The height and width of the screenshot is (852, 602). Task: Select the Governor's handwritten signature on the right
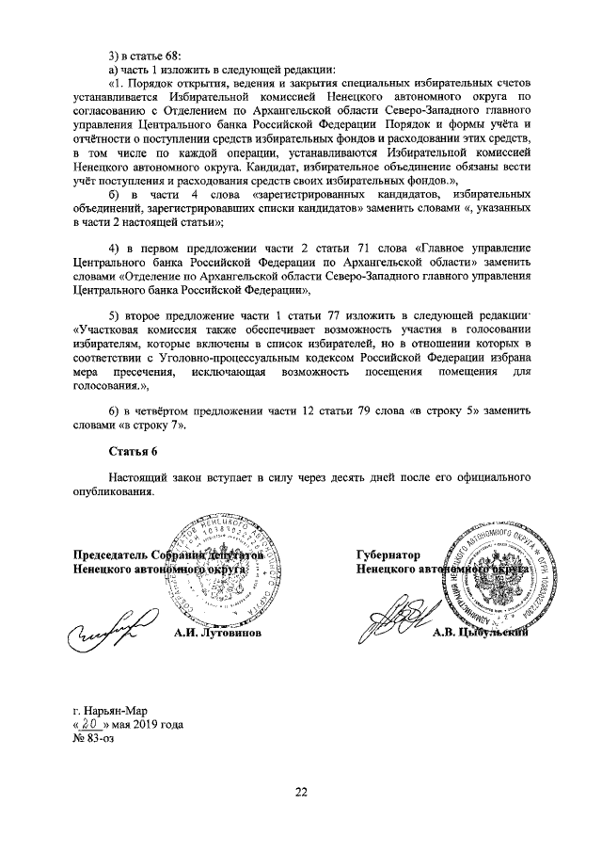tap(400, 622)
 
